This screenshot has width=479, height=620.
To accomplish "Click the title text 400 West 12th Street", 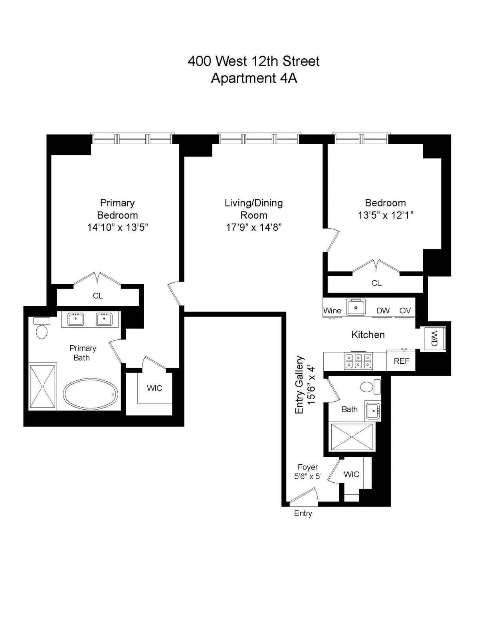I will click(x=253, y=61).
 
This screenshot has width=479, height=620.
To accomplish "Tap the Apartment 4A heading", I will click(x=254, y=78).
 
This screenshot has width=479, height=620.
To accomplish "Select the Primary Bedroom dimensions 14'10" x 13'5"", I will click(x=117, y=228).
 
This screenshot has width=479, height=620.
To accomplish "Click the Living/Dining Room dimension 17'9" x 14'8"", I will click(x=253, y=228).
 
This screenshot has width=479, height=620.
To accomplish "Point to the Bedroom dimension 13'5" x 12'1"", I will click(x=385, y=215).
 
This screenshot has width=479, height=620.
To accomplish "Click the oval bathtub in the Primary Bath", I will click(x=91, y=394).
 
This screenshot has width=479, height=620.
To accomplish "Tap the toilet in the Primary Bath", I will click(x=42, y=331).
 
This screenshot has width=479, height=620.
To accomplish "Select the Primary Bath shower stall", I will click(x=42, y=386).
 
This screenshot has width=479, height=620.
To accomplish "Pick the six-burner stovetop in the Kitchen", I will click(x=358, y=361).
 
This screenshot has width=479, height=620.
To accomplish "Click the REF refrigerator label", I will click(x=401, y=361).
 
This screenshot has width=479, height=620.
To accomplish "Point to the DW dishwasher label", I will click(x=383, y=311).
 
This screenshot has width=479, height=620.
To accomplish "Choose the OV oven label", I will click(x=405, y=311).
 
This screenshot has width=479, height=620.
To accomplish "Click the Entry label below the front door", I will click(x=303, y=513).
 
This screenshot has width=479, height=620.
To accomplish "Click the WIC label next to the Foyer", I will click(x=351, y=474).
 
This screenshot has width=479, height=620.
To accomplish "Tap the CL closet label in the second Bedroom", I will click(x=376, y=283).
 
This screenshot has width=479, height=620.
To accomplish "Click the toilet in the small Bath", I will click(x=367, y=386).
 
